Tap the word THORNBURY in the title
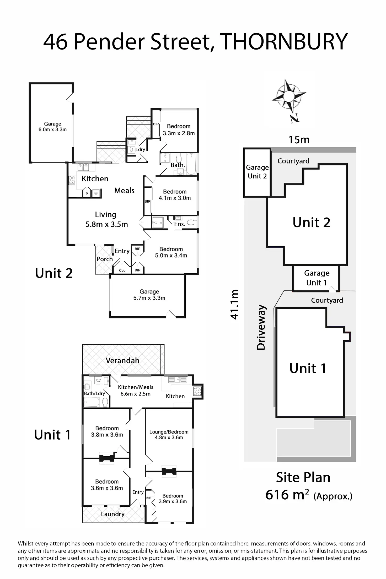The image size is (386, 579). click(x=283, y=42)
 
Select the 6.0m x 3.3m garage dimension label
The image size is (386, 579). click(x=52, y=129)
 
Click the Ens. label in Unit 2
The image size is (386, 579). click(x=180, y=224)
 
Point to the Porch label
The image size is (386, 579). click(x=105, y=259)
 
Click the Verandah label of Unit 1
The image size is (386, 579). click(x=122, y=361)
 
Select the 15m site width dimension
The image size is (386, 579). click(x=299, y=140)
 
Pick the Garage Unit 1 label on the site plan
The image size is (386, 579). click(x=317, y=278)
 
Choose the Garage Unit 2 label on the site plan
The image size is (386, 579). click(x=257, y=172)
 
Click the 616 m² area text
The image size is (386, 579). click(x=287, y=495)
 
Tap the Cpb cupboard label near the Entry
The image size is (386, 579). click(x=122, y=270)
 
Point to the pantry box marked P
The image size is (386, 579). click(x=87, y=194)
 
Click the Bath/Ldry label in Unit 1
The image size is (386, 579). click(x=94, y=393)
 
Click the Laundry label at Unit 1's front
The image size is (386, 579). click(x=113, y=514)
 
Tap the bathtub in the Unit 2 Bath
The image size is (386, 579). click(x=191, y=164)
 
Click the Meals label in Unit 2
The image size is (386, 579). click(x=124, y=191)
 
